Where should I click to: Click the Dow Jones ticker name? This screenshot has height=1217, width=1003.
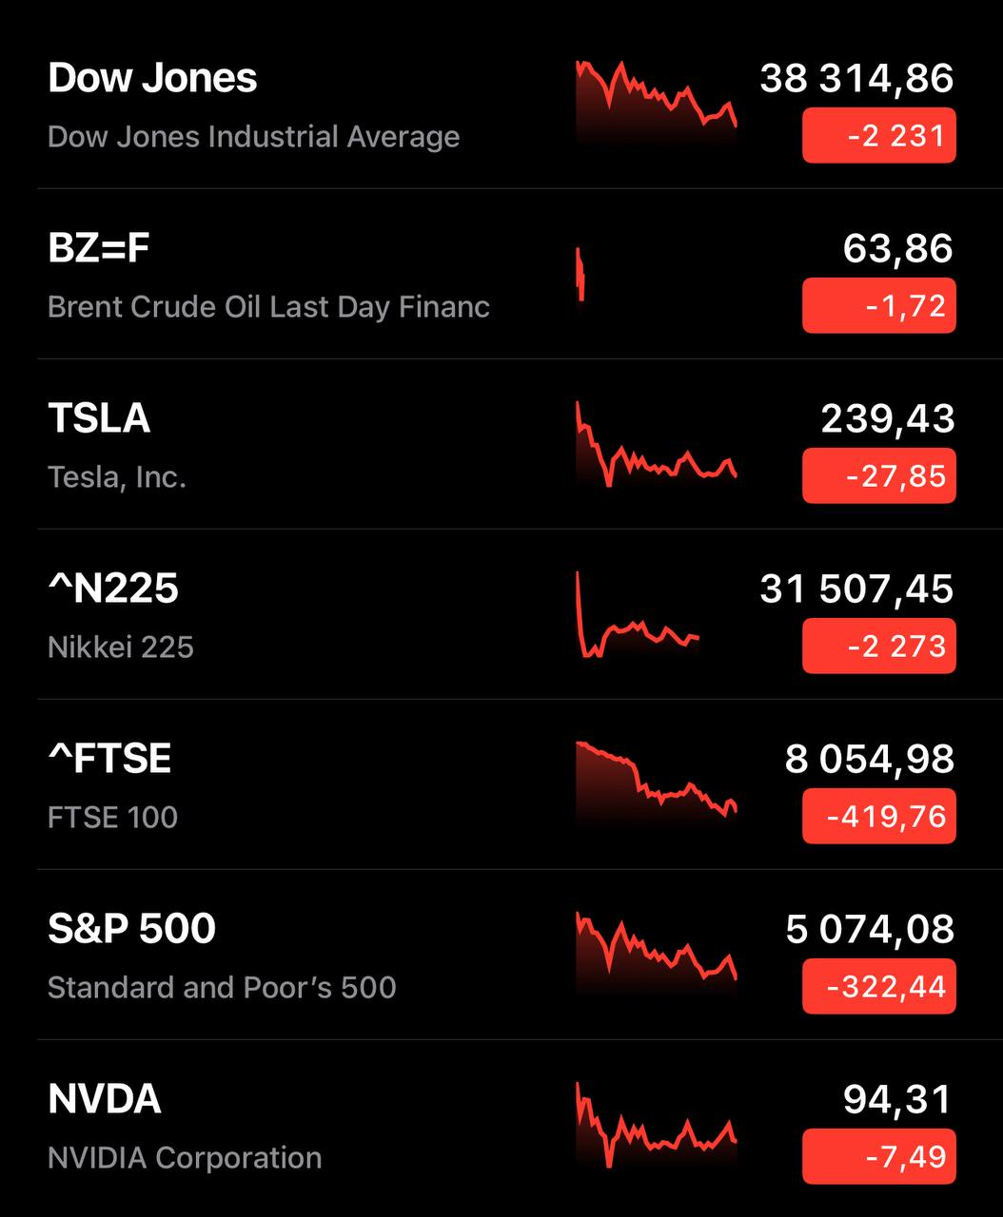[x=152, y=78]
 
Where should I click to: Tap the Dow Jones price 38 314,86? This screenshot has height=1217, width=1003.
[x=856, y=78]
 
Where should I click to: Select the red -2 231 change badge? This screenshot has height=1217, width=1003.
[x=878, y=136]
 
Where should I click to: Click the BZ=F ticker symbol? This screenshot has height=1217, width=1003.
[x=99, y=248]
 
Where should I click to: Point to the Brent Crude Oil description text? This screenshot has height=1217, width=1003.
[x=268, y=307]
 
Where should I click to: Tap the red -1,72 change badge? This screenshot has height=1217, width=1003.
[x=878, y=306]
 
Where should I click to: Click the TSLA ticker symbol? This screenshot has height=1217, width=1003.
[x=99, y=418]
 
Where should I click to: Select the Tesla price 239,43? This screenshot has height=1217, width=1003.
[x=887, y=418]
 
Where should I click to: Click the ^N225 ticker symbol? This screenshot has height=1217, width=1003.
[x=113, y=589]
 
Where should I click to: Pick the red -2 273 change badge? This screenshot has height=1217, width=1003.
[x=878, y=647]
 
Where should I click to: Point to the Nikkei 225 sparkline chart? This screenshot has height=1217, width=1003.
[x=638, y=618]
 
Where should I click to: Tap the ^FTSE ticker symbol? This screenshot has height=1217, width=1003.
[x=109, y=759]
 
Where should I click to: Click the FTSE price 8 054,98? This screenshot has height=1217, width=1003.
[x=869, y=759]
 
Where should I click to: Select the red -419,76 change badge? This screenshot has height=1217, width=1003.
[x=878, y=817]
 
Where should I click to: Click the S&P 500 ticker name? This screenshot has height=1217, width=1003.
[x=132, y=929]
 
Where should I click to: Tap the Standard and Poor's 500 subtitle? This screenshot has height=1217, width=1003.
[x=222, y=988]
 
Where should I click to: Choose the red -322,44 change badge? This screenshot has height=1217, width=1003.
[x=878, y=987]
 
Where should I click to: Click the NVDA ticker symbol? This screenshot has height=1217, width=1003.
[x=105, y=1099]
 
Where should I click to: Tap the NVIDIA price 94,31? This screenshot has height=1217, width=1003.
[x=897, y=1099]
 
